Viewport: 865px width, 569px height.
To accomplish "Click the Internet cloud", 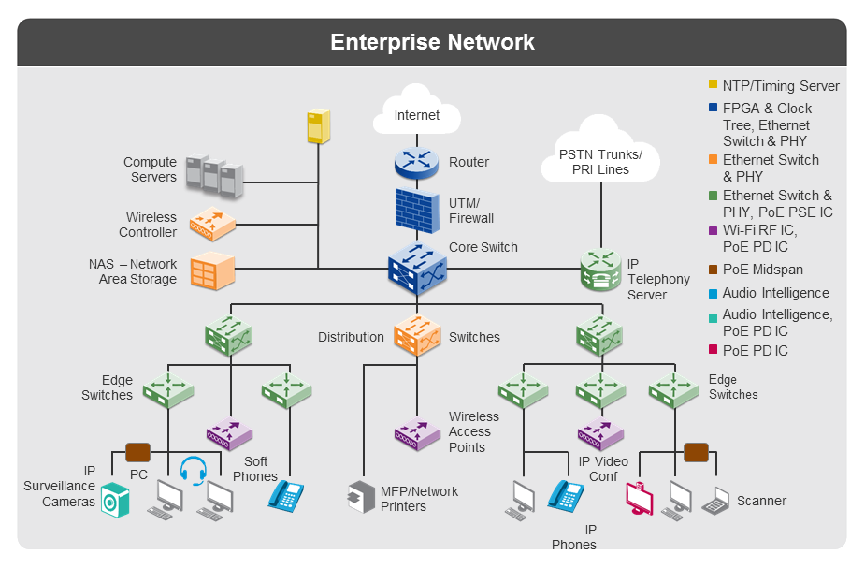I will click(x=416, y=113).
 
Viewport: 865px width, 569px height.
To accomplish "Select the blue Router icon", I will click(x=416, y=163).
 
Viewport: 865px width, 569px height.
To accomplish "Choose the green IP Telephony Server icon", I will click(x=599, y=270).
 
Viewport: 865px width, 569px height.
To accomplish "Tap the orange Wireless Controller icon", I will click(x=212, y=224).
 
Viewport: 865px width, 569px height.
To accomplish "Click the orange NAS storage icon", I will click(x=211, y=271).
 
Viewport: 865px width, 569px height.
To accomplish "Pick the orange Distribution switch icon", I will click(x=417, y=335).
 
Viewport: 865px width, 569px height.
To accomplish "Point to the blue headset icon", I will click(x=193, y=470).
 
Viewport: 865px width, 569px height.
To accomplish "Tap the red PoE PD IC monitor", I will click(x=639, y=498).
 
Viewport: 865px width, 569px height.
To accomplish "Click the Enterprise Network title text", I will click(x=432, y=42).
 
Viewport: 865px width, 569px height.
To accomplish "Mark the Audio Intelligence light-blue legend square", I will click(x=714, y=294).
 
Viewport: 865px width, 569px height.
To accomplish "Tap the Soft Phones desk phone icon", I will click(x=286, y=495).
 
